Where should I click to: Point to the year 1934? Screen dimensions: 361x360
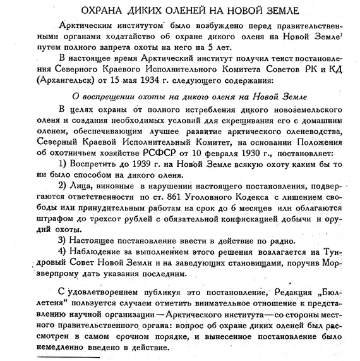coord(143,82)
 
